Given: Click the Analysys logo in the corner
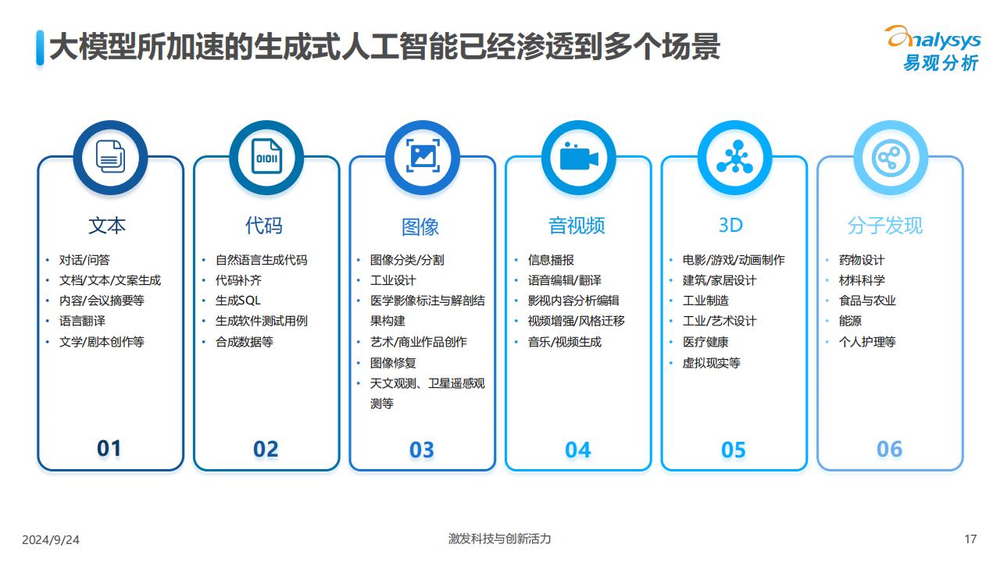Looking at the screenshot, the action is [934, 48].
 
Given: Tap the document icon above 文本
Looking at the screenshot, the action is [110, 157].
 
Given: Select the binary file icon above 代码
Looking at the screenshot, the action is [266, 156].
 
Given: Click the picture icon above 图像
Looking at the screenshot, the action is [423, 155].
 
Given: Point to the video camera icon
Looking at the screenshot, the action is [579, 157].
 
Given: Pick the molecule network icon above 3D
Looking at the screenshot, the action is [735, 157].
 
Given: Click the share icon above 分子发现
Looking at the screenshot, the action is [891, 158].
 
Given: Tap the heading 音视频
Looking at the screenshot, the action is [577, 226].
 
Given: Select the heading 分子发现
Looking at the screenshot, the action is [885, 226].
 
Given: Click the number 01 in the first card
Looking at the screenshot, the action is [109, 449].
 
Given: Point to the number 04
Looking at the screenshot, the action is [577, 450].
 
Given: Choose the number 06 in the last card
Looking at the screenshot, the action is [889, 449].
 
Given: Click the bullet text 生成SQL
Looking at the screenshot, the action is [238, 301].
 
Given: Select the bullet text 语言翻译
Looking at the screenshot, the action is [82, 321].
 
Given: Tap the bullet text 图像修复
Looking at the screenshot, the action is [393, 363].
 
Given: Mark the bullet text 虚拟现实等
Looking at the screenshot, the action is [711, 363].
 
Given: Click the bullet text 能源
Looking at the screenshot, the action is [850, 321].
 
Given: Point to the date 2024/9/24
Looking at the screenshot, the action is [51, 539].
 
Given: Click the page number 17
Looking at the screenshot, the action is [970, 539].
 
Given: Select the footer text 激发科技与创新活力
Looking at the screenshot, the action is [499, 539].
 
